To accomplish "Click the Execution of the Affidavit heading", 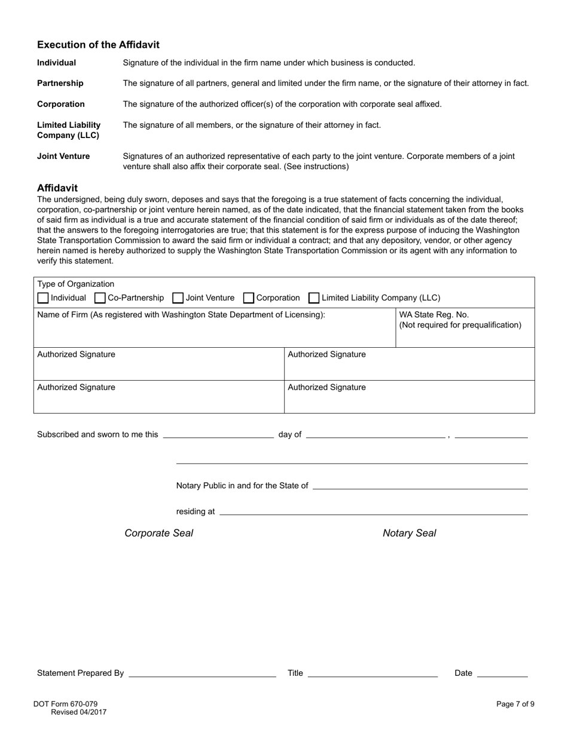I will (98, 45).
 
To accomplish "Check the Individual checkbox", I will (43, 298).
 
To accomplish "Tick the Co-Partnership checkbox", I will (100, 298).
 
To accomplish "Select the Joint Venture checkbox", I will (178, 298).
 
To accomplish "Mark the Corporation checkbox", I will (249, 298).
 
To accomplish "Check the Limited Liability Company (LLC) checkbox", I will (314, 298).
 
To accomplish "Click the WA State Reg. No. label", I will (433, 315).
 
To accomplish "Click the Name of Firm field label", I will (181, 315).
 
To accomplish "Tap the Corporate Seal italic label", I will (158, 533).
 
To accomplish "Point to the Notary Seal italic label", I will (409, 533).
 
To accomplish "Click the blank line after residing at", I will (374, 513).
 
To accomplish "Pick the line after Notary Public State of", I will (420, 487).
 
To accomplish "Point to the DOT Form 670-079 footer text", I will (65, 704).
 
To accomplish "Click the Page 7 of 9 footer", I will (515, 704).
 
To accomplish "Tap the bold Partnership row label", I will (60, 83).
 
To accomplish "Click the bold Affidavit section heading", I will (57, 188).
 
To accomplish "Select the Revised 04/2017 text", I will (78, 712).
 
